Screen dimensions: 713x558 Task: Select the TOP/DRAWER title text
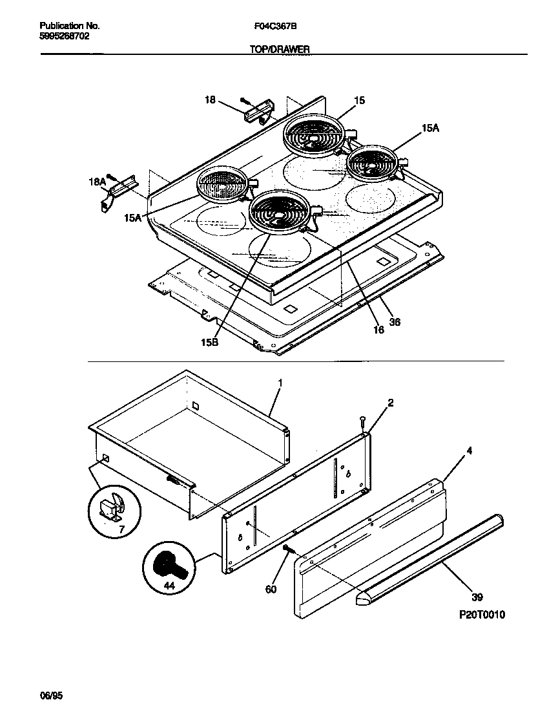point(280,49)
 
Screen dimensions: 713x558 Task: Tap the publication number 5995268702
point(65,36)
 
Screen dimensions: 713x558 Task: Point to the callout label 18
point(210,99)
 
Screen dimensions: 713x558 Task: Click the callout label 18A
point(96,183)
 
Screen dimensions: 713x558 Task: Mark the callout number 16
point(378,329)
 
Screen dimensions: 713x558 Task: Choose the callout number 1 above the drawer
point(280,383)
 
